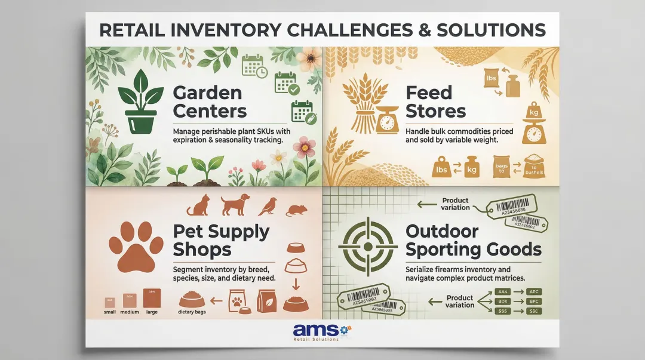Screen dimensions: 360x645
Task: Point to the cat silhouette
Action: click(x=199, y=205)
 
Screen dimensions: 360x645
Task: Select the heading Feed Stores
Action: click(x=436, y=101)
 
